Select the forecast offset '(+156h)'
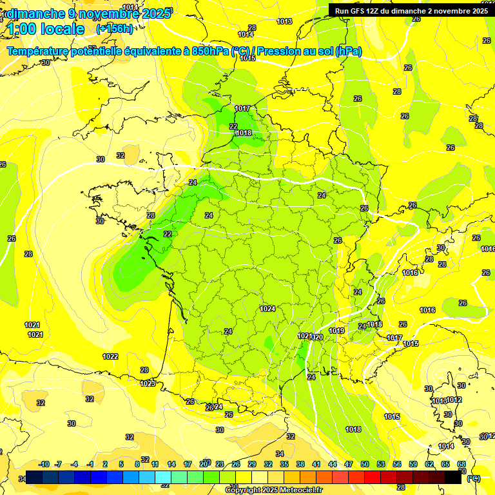pos(115,29)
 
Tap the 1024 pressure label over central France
pos(268,309)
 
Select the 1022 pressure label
pos(110,356)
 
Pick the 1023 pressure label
pos(148,383)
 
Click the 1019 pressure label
pos(336,331)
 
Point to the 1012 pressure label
pos(454,400)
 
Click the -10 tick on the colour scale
pos(44,465)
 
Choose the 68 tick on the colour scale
pos(461,465)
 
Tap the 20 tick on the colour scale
pos(204,465)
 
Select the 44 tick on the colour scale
pos(333,465)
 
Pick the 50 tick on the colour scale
pos(365,465)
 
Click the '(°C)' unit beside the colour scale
pos(474,478)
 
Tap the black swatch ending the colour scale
pos(453,478)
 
